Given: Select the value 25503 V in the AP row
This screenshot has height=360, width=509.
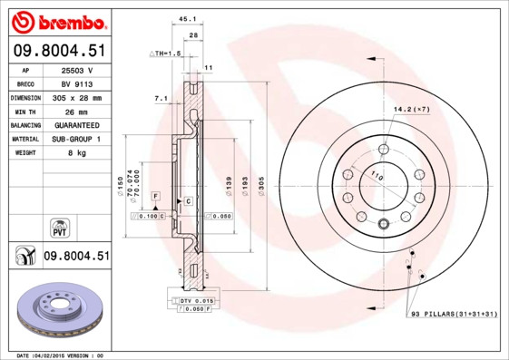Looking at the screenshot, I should point(84,69).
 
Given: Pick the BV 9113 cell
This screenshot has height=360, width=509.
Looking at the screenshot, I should point(84,83).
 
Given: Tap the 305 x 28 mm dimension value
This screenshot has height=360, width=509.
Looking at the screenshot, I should point(84,96).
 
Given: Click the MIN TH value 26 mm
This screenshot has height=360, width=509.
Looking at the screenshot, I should point(84,111).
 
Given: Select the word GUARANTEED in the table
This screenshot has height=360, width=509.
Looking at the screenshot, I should point(84,124).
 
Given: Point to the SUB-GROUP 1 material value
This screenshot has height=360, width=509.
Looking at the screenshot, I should point(84,139).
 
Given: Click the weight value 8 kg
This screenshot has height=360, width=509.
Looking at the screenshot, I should point(84,152).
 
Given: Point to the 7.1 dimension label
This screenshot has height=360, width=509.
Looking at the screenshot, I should point(162,97).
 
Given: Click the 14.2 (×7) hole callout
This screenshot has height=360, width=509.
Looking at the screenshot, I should point(410,109).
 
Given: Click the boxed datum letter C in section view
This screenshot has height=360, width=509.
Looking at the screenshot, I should point(187,199).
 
